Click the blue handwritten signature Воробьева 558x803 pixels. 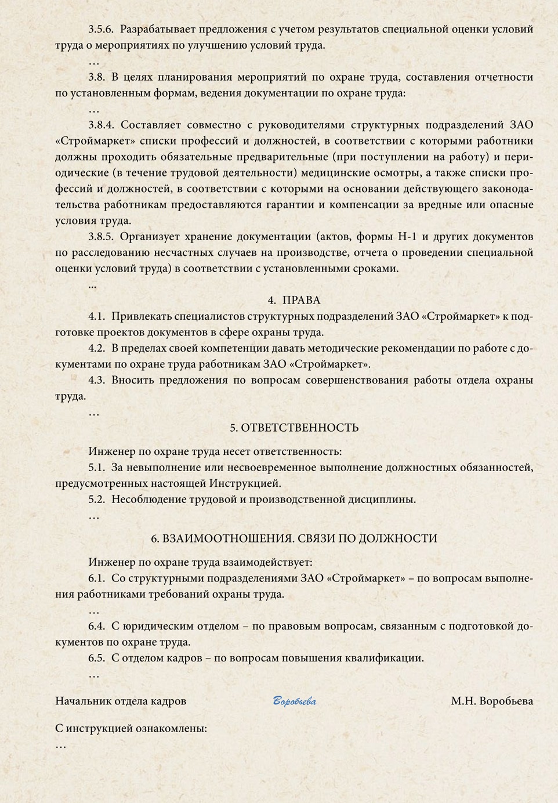pyautogui.click(x=295, y=701)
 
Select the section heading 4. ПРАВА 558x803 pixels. pyautogui.click(x=294, y=300)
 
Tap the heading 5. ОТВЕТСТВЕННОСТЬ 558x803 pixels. pyautogui.click(x=294, y=428)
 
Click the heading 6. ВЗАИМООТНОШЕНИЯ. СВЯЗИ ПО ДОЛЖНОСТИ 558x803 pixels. pyautogui.click(x=294, y=538)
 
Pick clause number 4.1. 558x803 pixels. pyautogui.click(x=97, y=316)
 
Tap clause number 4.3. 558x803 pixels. pyautogui.click(x=97, y=381)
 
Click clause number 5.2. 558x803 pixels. pyautogui.click(x=97, y=499)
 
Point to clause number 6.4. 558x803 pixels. pyautogui.click(x=97, y=626)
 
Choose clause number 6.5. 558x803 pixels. pyautogui.click(x=97, y=658)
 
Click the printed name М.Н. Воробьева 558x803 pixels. pyautogui.click(x=492, y=701)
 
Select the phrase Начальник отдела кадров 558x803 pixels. pyautogui.click(x=121, y=701)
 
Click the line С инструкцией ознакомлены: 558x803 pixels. pyautogui.click(x=131, y=729)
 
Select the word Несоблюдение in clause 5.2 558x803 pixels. pyautogui.click(x=147, y=499)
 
